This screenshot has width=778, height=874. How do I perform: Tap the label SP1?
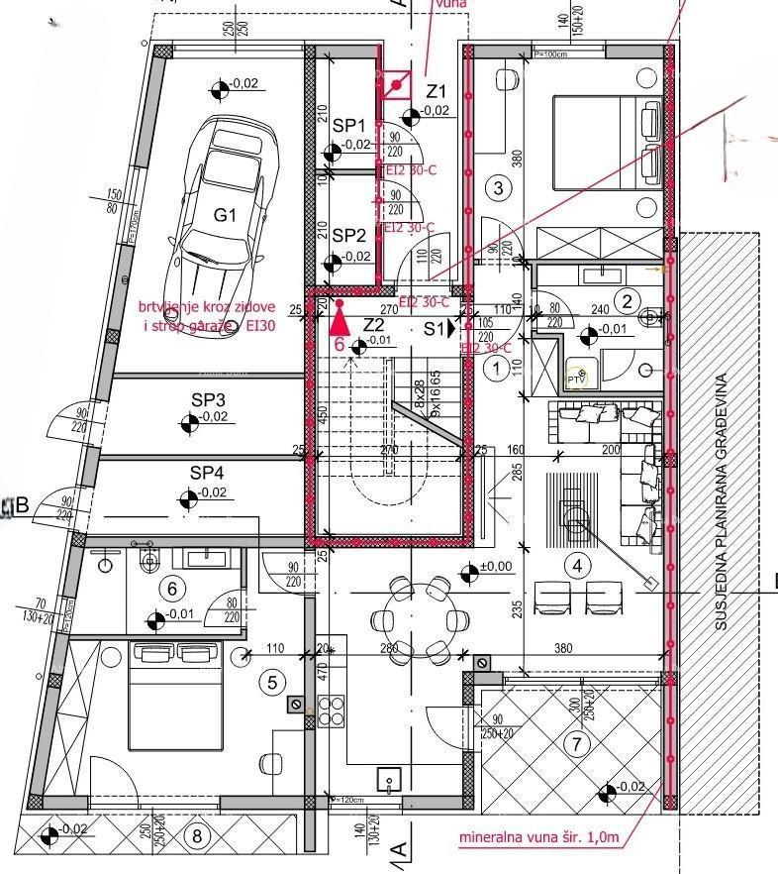348,126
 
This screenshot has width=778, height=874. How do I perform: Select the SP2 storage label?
348,235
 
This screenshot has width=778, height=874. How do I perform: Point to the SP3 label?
208,399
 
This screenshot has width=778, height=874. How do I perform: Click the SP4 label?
208,473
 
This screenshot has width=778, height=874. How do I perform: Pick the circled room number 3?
498,187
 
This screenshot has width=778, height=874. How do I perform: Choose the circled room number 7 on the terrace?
577,743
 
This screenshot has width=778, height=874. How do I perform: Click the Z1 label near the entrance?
436,92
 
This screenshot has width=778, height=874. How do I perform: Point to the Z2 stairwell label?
373,325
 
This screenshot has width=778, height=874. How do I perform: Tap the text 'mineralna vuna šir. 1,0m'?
538,837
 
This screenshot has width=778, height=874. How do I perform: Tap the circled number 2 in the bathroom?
625,300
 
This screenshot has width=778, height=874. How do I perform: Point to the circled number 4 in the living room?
577,566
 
